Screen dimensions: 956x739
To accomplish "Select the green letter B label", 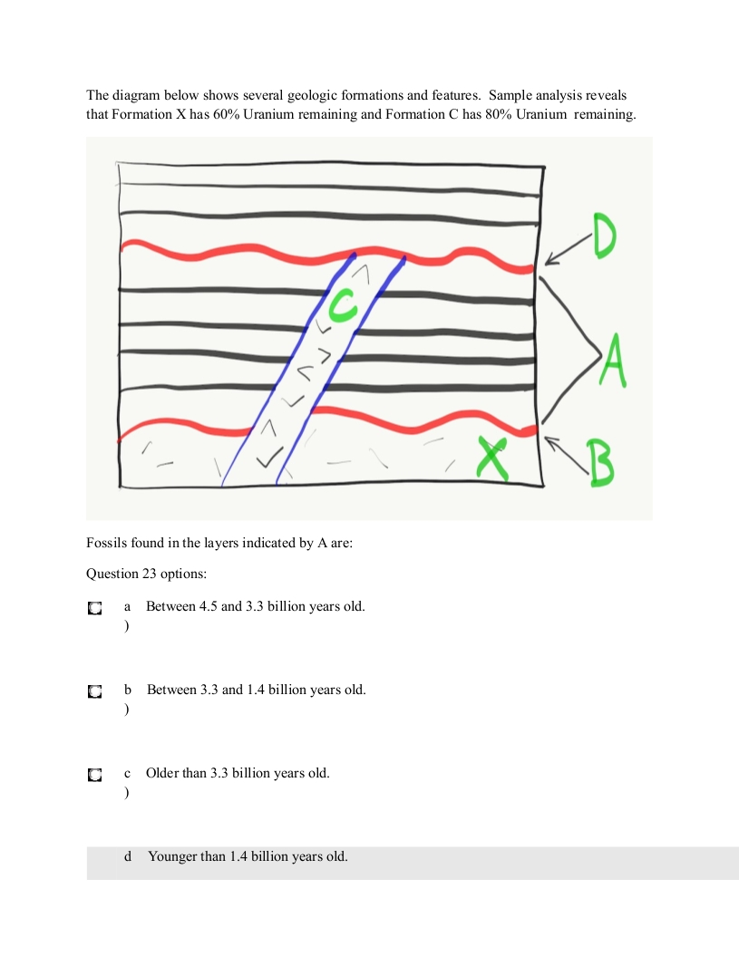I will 598,462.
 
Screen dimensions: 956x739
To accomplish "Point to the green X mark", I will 493,458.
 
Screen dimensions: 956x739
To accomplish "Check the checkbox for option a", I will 93,608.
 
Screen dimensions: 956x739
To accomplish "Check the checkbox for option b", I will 93,691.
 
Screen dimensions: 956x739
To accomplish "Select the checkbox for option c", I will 93,775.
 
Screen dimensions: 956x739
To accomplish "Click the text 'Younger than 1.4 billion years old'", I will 248,856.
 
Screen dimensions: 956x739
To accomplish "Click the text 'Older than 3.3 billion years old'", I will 238,773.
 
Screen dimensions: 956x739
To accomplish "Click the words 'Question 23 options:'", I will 140,574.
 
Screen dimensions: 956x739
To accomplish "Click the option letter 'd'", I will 128,856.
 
